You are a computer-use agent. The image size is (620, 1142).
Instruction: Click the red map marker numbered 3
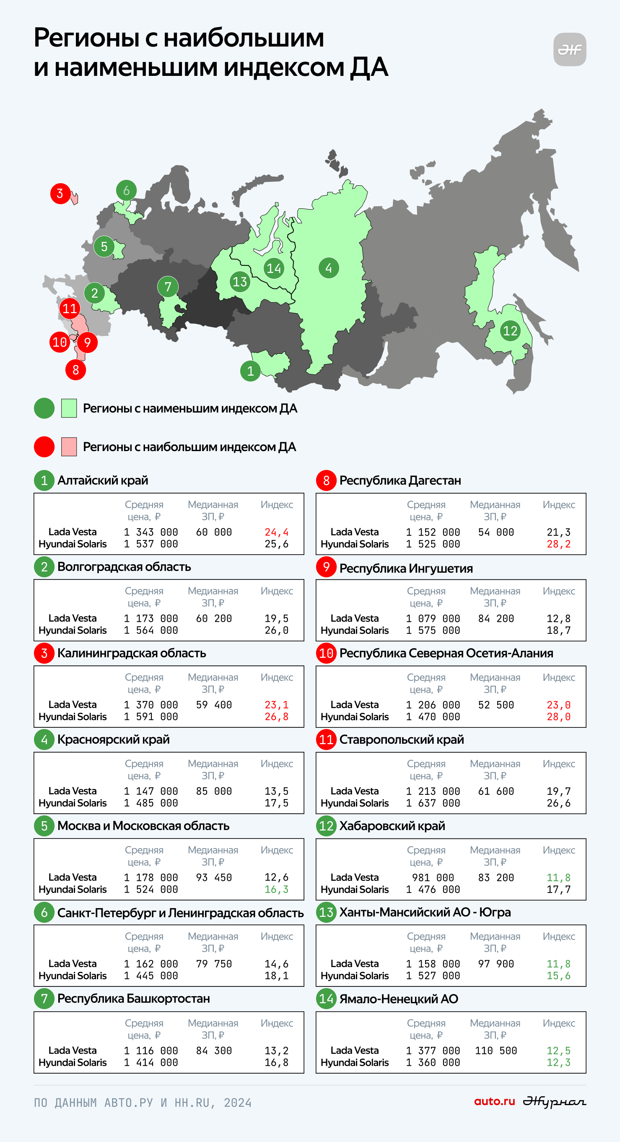pos(60,194)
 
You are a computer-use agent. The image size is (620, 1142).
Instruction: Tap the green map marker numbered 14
pos(274,268)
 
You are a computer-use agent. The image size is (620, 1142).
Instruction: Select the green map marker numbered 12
pos(510,331)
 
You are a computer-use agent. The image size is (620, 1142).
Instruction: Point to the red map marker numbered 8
pos(76,370)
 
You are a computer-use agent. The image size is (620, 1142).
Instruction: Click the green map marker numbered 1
pos(250,371)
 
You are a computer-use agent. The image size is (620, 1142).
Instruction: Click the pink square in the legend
pos(69,446)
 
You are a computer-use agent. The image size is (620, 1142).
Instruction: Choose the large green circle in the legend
pos(44,408)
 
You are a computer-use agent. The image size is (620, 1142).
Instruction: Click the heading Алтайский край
pos(103,480)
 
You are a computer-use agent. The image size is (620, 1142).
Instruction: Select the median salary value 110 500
pos(496,1050)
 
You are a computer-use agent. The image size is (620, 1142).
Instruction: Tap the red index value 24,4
pos(277,532)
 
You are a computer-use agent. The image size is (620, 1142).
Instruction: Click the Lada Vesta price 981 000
pos(433,877)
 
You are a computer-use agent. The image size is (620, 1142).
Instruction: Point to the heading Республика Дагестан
pos(400,480)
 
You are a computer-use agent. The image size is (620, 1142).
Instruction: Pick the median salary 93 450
pos(214,877)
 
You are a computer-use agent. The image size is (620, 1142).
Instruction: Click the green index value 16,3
pos(277,889)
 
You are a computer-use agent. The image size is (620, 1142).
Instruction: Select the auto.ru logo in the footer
pos(495,1101)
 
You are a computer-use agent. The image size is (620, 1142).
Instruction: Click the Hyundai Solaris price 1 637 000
pos(433,803)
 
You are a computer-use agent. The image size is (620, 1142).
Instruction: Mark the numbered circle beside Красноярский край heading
pos(44,740)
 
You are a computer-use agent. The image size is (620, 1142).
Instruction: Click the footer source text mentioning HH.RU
pos(143,1103)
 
